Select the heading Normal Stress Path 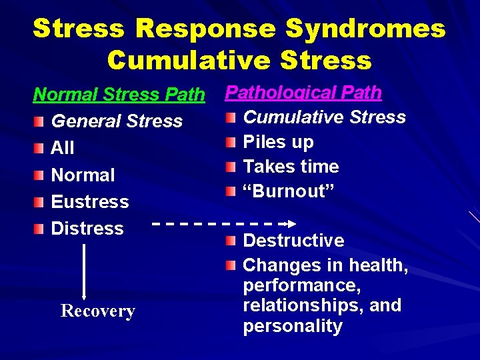(119, 95)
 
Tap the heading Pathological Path (303, 92)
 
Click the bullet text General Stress (117, 121)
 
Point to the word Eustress (90, 201)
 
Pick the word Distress (87, 228)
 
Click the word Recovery (98, 311)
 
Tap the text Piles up (278, 142)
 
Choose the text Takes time (291, 167)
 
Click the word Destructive (293, 241)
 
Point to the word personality (293, 327)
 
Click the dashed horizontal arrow (220, 223)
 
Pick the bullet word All (63, 148)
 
